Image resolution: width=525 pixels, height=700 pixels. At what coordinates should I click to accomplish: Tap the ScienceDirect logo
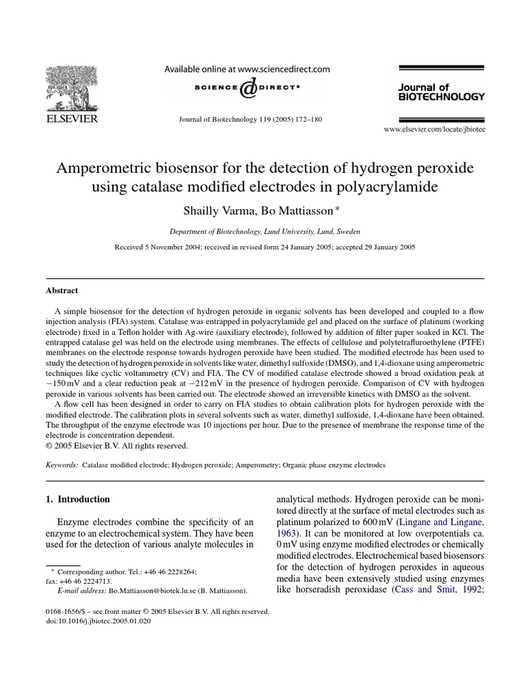pyautogui.click(x=245, y=88)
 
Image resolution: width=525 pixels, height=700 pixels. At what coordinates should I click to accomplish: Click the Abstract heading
pyautogui.click(x=62, y=290)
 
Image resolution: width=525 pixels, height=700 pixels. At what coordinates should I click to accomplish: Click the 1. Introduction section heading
pyautogui.click(x=77, y=500)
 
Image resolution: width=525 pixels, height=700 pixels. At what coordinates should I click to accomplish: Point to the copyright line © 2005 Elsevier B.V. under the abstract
pyautogui.click(x=116, y=445)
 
